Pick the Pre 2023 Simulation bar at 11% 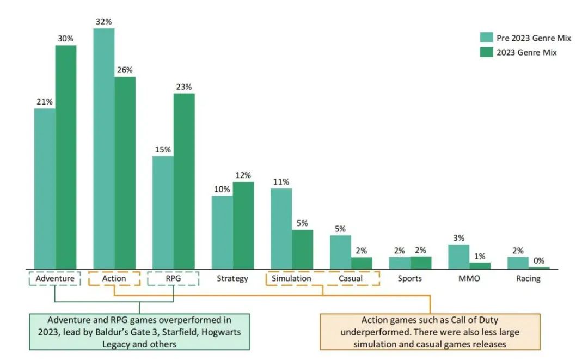pos(281,228)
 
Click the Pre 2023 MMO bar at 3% pos(458,256)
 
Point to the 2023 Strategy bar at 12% pos(243,225)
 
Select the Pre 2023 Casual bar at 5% pos(340,252)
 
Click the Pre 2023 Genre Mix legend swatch pos(486,38)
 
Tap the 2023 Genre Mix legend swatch pos(486,52)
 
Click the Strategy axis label pos(232,278)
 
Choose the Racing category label pos(528,278)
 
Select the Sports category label pos(410,278)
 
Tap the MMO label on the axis pos(469,278)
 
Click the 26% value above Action pos(125,70)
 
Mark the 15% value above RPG pos(163,149)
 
